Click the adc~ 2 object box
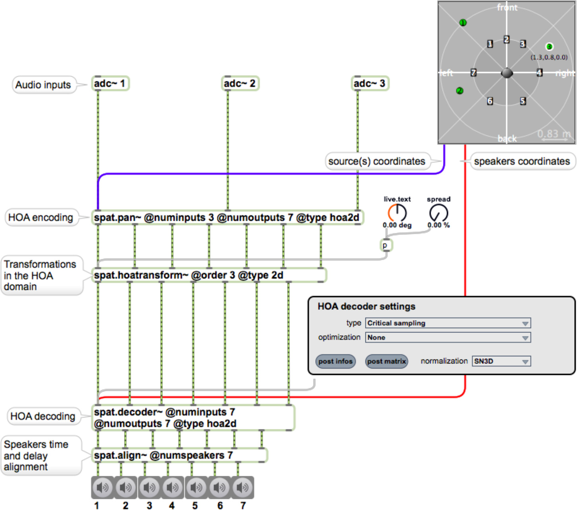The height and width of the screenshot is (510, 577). click(240, 83)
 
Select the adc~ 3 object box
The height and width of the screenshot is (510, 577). click(370, 83)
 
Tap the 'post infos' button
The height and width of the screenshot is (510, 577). click(335, 361)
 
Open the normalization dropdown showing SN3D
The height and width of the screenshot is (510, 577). click(501, 361)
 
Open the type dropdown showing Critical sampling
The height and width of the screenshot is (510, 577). click(447, 323)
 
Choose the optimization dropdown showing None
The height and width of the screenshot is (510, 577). click(447, 337)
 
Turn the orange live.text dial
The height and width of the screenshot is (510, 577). click(397, 213)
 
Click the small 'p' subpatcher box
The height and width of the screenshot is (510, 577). click(386, 245)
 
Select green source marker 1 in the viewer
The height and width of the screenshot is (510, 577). click(463, 23)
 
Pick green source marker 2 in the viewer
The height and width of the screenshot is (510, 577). click(459, 91)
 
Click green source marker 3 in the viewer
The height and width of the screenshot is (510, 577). click(549, 46)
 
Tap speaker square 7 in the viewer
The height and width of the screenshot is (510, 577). click(473, 73)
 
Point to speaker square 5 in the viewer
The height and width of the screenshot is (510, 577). click(523, 101)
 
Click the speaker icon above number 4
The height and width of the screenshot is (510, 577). click(172, 487)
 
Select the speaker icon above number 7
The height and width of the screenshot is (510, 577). click(242, 487)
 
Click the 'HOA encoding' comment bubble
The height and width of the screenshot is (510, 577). click(41, 217)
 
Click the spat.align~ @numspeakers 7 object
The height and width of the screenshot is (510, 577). click(179, 455)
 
